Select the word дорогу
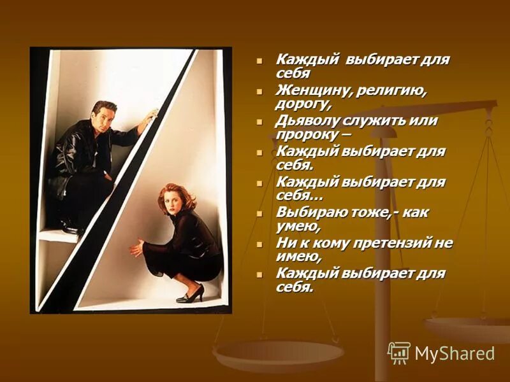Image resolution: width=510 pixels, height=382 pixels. (302, 104)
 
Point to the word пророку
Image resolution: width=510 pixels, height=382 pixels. (305, 134)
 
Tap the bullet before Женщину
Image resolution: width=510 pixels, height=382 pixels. (259, 91)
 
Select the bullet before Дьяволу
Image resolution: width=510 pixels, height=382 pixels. (259, 122)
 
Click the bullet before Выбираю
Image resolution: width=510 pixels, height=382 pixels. (259, 213)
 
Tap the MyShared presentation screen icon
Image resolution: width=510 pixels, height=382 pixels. (399, 352)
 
